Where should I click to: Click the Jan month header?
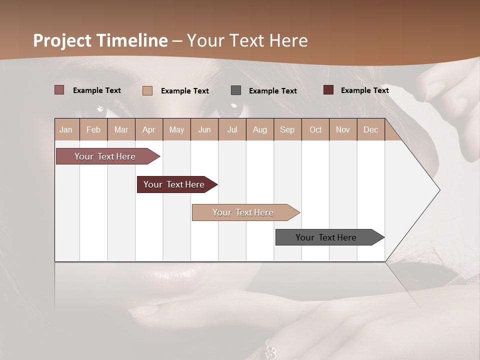coord(66,130)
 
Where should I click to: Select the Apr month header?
coord(148,130)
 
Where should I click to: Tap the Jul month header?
coord(232,130)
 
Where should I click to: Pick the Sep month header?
coord(287,130)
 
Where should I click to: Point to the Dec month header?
coord(370,130)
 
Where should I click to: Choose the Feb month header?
coord(93,130)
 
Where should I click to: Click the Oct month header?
coord(315,130)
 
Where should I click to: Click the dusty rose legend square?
coord(59,90)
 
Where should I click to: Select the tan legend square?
coord(147,90)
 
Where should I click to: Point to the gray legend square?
coord(236,90)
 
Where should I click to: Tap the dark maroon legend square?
coord(328,90)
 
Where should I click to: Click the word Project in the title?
coord(62,40)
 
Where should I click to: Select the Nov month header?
coord(343,130)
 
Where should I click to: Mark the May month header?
coord(176,130)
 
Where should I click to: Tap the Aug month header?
coord(260,130)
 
